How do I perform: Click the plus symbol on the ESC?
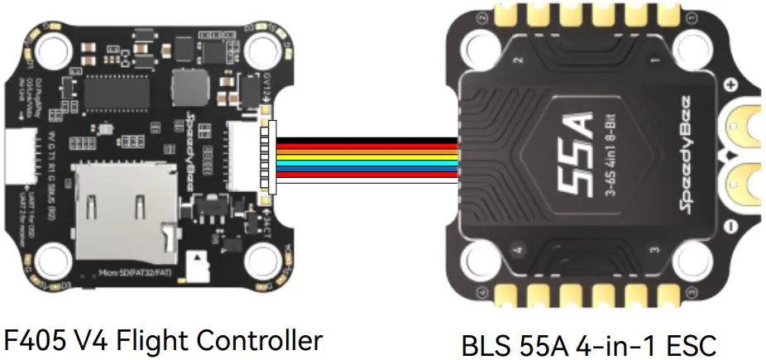click(730, 84)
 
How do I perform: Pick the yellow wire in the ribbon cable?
click(364, 154)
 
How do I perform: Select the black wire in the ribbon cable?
click(364, 140)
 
